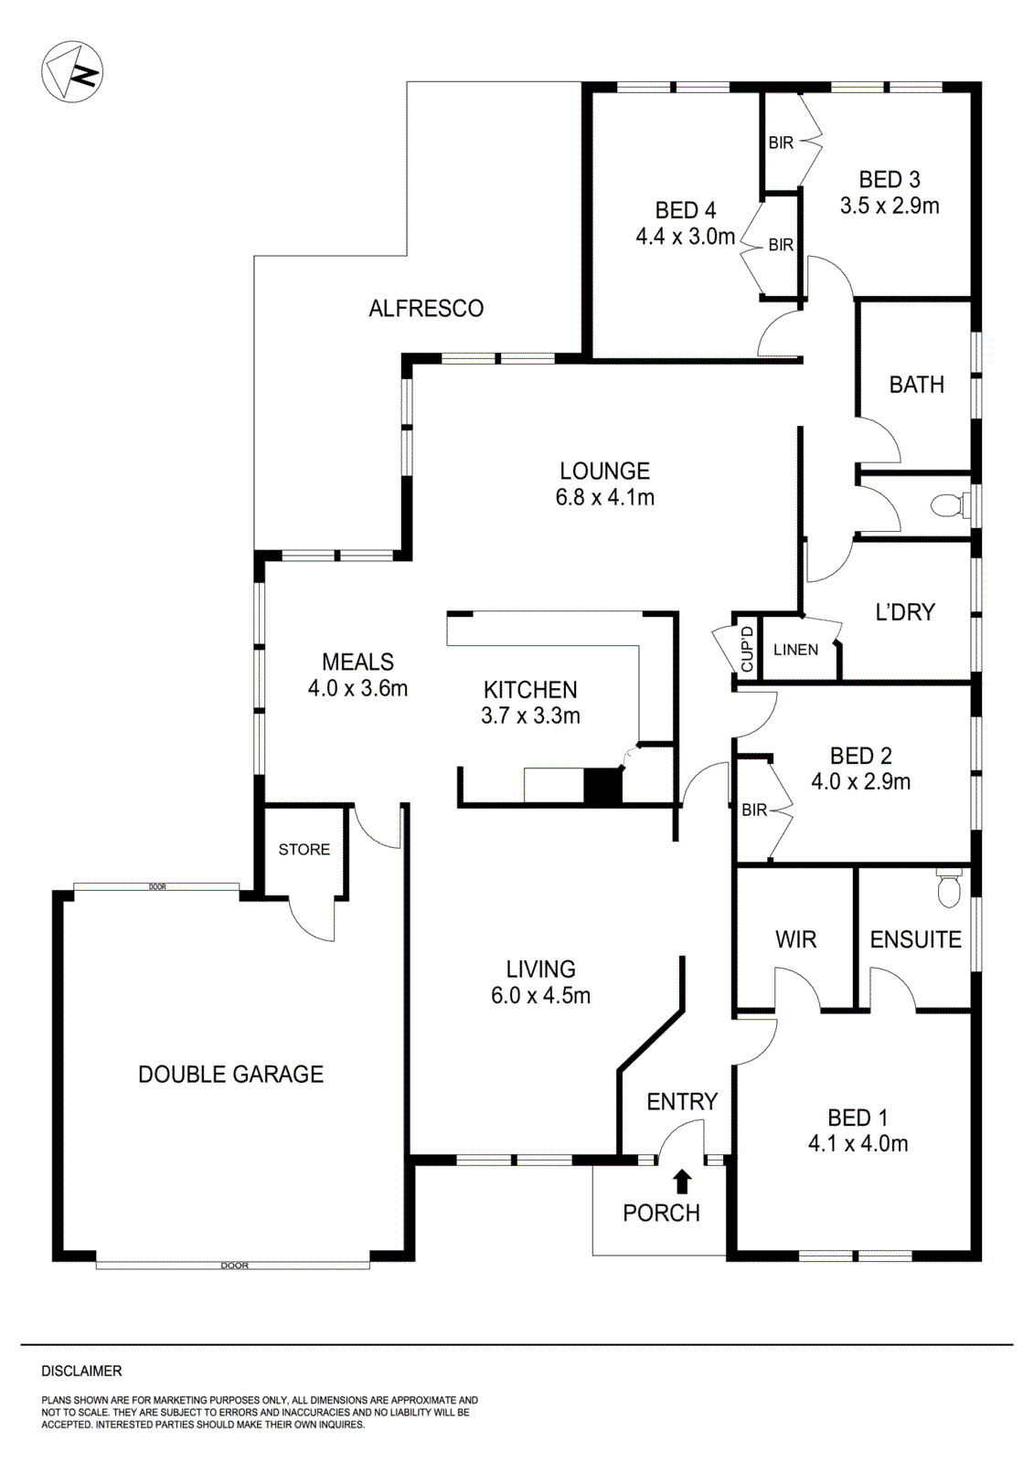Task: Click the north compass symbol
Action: point(73,71)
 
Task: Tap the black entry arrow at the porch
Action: point(681,1182)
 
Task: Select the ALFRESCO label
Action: point(426,309)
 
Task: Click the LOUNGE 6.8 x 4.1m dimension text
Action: point(605,498)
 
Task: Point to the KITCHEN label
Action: point(530,690)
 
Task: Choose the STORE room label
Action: point(304,850)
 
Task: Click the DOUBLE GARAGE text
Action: point(230,1075)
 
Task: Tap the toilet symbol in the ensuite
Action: point(949,889)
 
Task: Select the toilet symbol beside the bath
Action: point(945,503)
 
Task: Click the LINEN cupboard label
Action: point(795,650)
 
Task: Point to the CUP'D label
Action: point(747,650)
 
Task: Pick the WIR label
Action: point(795,939)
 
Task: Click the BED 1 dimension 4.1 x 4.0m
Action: point(858,1144)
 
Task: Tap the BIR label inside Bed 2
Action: point(754,810)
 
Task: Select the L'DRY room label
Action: point(905,612)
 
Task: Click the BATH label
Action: point(916,385)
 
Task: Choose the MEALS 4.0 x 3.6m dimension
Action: point(357,689)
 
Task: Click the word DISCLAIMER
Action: point(81,1371)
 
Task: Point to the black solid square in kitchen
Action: point(602,787)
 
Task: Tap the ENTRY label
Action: point(682,1102)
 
